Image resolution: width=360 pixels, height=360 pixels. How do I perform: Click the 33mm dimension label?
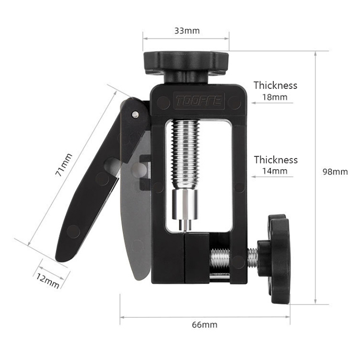coord(187,31)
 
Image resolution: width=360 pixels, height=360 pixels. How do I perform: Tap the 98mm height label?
coord(335,172)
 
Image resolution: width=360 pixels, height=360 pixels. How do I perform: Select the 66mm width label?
coord(205,324)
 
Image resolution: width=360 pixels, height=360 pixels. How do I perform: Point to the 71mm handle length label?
coord(63,165)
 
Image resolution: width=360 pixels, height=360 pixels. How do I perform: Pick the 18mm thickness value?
coord(275,97)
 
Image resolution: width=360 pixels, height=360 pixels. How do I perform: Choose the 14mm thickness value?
coord(275,171)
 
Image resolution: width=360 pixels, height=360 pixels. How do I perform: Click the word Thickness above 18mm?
coord(275,85)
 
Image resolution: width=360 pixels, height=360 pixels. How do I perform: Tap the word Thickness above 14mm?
coord(275,160)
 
